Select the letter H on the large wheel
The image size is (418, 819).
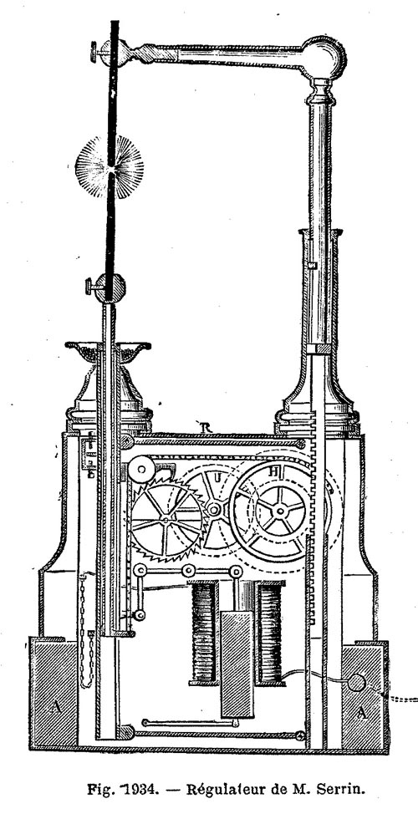click(273, 471)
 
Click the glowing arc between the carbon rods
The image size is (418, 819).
click(110, 167)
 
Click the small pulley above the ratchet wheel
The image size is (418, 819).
click(140, 470)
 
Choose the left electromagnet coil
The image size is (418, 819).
click(203, 633)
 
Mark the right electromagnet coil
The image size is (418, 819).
click(269, 633)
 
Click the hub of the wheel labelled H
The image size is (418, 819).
click(281, 511)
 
